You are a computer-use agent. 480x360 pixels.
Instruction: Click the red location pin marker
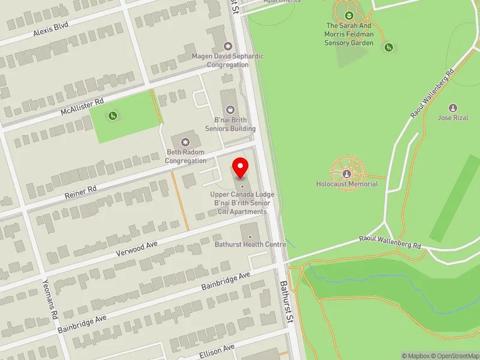tap(241, 167)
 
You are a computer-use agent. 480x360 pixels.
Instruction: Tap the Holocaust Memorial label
tap(347, 184)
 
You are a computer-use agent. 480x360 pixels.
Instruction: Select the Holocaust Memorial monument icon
tap(347, 174)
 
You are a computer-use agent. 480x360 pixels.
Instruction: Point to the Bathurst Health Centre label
tap(250, 244)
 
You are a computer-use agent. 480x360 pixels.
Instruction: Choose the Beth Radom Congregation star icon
tap(185, 142)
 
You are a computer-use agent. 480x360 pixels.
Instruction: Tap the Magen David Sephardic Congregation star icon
tap(227, 46)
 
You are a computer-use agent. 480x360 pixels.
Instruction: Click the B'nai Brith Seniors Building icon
tap(230, 109)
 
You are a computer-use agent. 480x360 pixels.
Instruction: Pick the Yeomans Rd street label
tap(50, 298)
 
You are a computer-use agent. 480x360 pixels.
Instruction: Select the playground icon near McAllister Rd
tap(112, 116)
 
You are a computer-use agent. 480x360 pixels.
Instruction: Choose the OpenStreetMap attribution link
tap(455, 356)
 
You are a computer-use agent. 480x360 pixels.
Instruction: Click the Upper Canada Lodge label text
tap(242, 194)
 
